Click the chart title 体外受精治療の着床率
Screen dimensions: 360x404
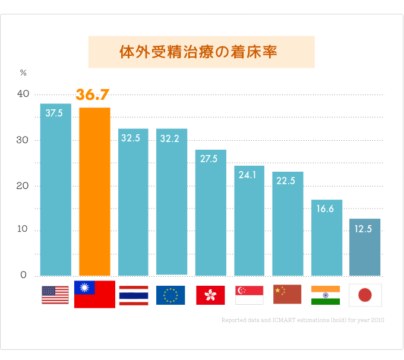point(201,52)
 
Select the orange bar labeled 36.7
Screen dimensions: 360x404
point(94,191)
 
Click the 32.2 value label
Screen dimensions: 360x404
point(169,138)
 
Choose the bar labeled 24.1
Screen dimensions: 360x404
point(249,223)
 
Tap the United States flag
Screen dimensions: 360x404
point(55,295)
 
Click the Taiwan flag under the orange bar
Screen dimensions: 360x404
point(94,295)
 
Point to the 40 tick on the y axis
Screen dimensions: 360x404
point(23,94)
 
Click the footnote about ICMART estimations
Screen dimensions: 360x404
point(302,320)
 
